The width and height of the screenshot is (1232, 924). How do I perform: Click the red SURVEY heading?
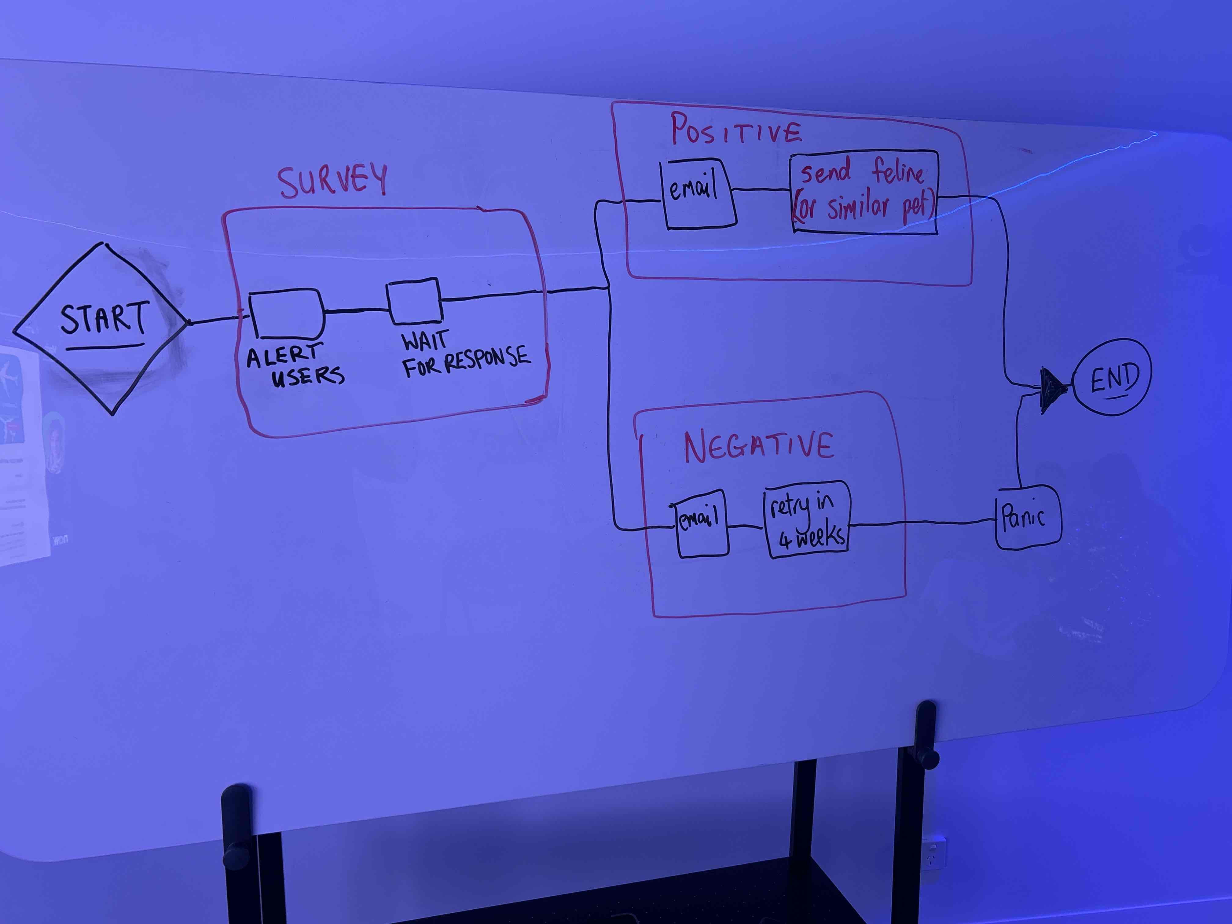332,181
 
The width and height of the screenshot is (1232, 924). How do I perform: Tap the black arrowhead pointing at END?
1051,384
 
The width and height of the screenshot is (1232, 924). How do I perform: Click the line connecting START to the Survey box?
217,320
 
